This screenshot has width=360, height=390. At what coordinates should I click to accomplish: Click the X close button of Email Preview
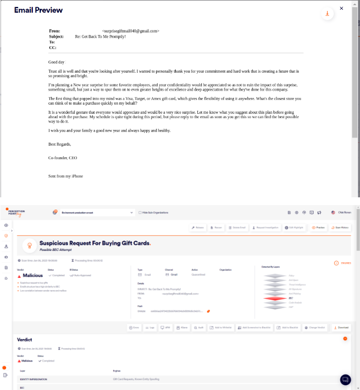pyautogui.click(x=341, y=8)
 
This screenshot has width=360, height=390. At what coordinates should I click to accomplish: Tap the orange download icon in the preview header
pyautogui.click(x=327, y=14)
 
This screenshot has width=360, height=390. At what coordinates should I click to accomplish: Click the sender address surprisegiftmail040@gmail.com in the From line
pyautogui.click(x=130, y=31)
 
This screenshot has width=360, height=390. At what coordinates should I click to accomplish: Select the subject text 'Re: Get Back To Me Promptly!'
pyautogui.click(x=100, y=37)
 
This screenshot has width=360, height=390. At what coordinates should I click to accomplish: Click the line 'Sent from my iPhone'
pyautogui.click(x=65, y=176)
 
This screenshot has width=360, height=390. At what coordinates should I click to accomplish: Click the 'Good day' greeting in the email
pyautogui.click(x=56, y=62)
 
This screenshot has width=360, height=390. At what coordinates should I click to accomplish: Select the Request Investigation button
pyautogui.click(x=267, y=227)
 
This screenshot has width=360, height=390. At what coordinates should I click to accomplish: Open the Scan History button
pyautogui.click(x=340, y=227)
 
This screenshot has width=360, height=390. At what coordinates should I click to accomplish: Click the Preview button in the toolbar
pyautogui.click(x=318, y=227)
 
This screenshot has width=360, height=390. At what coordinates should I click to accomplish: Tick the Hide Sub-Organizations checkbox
pyautogui.click(x=140, y=212)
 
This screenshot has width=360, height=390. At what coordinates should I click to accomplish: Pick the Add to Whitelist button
pyautogui.click(x=221, y=328)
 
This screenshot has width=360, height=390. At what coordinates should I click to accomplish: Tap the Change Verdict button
pyautogui.click(x=314, y=328)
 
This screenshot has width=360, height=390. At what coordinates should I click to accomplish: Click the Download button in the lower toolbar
pyautogui.click(x=341, y=328)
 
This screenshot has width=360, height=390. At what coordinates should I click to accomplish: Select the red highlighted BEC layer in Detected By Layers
pyautogui.click(x=278, y=298)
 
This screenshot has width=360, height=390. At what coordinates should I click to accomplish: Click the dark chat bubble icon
pyautogui.click(x=345, y=380)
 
